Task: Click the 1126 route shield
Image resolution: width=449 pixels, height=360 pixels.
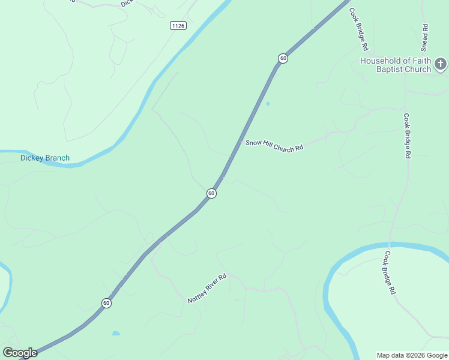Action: tap(178, 25)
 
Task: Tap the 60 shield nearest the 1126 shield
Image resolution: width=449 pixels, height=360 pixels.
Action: tap(283, 58)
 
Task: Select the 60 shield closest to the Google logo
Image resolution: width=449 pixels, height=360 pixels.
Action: tap(106, 303)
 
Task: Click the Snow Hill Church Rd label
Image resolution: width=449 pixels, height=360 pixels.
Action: tap(274, 145)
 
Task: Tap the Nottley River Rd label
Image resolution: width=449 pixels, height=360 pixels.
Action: tap(206, 289)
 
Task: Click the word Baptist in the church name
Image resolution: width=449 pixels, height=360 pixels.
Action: tap(389, 69)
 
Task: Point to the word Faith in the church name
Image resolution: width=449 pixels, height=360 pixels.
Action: tap(423, 61)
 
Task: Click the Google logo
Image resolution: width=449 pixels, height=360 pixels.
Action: tap(20, 353)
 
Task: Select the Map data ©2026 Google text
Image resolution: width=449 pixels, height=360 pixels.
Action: tap(412, 355)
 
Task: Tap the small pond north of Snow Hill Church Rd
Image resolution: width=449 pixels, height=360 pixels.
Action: tap(268, 104)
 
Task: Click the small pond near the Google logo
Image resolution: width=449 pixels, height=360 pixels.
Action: tap(116, 334)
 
